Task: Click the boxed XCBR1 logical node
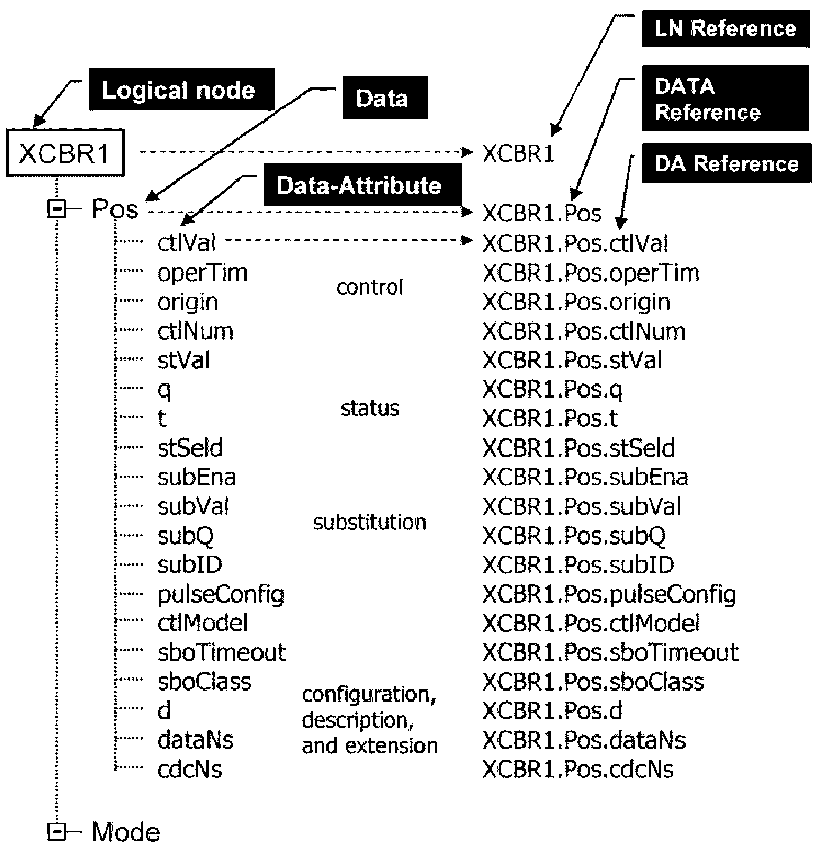pyautogui.click(x=65, y=153)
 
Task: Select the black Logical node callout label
pyautogui.click(x=181, y=89)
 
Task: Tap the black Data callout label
pyautogui.click(x=385, y=98)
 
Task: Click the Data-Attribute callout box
pyautogui.click(x=362, y=185)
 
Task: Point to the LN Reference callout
pyautogui.click(x=726, y=28)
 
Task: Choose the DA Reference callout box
pyautogui.click(x=726, y=163)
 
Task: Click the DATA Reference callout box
pyautogui.click(x=725, y=99)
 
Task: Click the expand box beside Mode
pyautogui.click(x=56, y=831)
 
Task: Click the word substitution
pyautogui.click(x=369, y=522)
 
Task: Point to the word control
pyautogui.click(x=369, y=287)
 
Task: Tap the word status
pyautogui.click(x=370, y=408)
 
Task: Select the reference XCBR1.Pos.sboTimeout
pyautogui.click(x=611, y=652)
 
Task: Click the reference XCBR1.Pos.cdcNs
pyautogui.click(x=578, y=769)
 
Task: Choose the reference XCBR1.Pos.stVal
pyautogui.click(x=572, y=359)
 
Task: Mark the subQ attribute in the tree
pyautogui.click(x=185, y=536)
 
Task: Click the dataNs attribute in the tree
pyautogui.click(x=195, y=740)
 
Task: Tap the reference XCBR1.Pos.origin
pyautogui.click(x=576, y=302)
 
